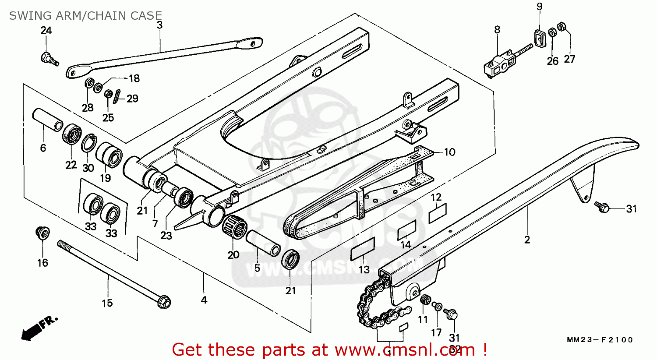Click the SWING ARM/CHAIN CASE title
[85, 16]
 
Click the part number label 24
[46, 31]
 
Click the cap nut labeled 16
[42, 233]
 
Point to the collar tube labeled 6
[47, 120]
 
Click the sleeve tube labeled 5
[263, 244]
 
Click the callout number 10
[450, 152]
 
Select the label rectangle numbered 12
[437, 213]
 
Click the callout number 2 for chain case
[527, 240]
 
